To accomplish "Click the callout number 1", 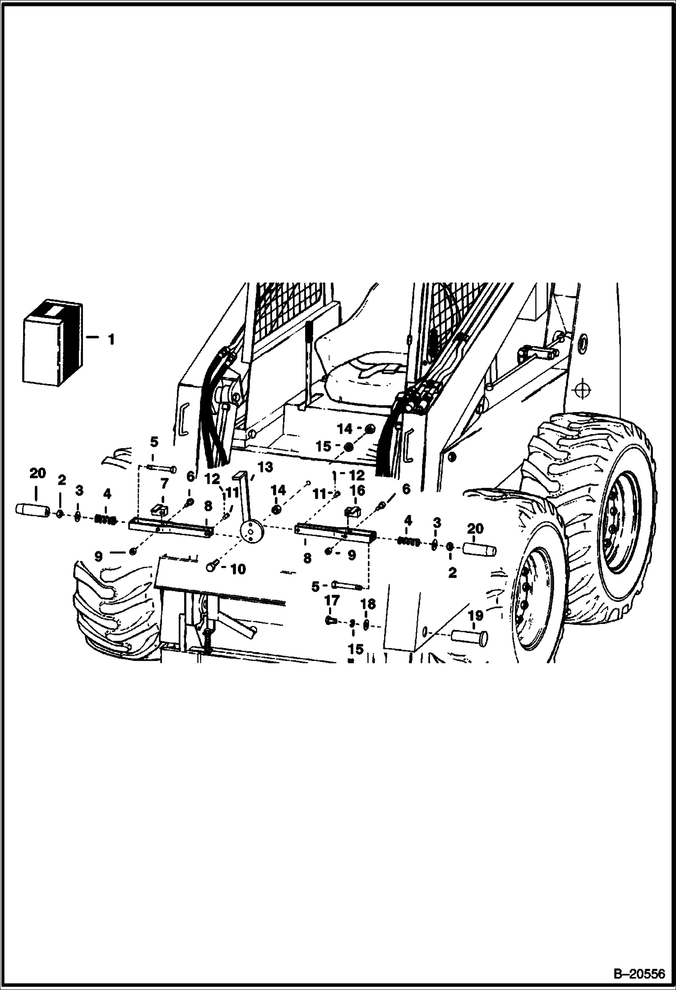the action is (x=111, y=339).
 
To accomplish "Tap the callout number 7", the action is (x=164, y=484).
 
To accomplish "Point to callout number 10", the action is (x=238, y=569).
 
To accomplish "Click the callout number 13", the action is (x=265, y=467).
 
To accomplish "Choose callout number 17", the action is (x=332, y=601).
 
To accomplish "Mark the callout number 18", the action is (x=368, y=604).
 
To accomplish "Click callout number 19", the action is (x=476, y=615).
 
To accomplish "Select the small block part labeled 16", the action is (x=352, y=512).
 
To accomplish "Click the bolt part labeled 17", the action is (x=330, y=621).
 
